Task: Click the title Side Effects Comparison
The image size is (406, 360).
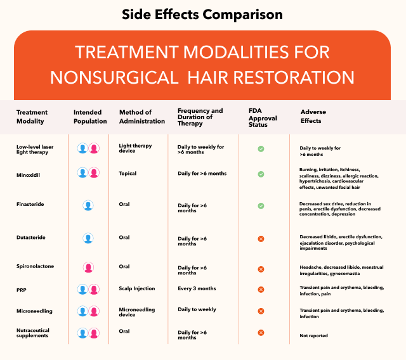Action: coord(203,15)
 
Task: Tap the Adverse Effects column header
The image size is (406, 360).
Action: coord(313,117)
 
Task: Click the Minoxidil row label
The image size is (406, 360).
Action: coord(29,174)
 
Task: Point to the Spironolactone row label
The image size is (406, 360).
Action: coord(36,267)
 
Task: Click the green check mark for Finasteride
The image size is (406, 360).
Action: coord(261,206)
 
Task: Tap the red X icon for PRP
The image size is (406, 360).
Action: coord(261,290)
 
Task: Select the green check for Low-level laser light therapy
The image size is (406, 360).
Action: coord(261,149)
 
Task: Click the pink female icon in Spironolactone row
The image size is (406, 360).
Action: coord(88,267)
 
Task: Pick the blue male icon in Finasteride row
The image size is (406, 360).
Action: coord(88,205)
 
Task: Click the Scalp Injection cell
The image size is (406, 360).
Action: coord(137,288)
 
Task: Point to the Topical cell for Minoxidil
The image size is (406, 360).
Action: coord(128,173)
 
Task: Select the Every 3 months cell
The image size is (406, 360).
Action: coord(197,288)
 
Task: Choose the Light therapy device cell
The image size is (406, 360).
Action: coord(136,148)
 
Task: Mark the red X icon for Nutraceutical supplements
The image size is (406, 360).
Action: coord(261,332)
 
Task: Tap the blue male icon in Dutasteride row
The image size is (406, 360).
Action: coord(88,238)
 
